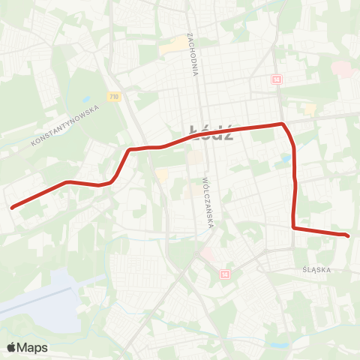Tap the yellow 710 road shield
coord(113,97)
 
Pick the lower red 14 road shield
coord(224,274)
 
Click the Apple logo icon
coord(12,347)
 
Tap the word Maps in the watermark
coord(33,347)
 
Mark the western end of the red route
coord(12,207)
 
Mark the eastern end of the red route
coord(348,236)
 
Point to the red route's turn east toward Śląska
coord(294,227)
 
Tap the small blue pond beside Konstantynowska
coord(86,100)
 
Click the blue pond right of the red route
coord(285,159)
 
